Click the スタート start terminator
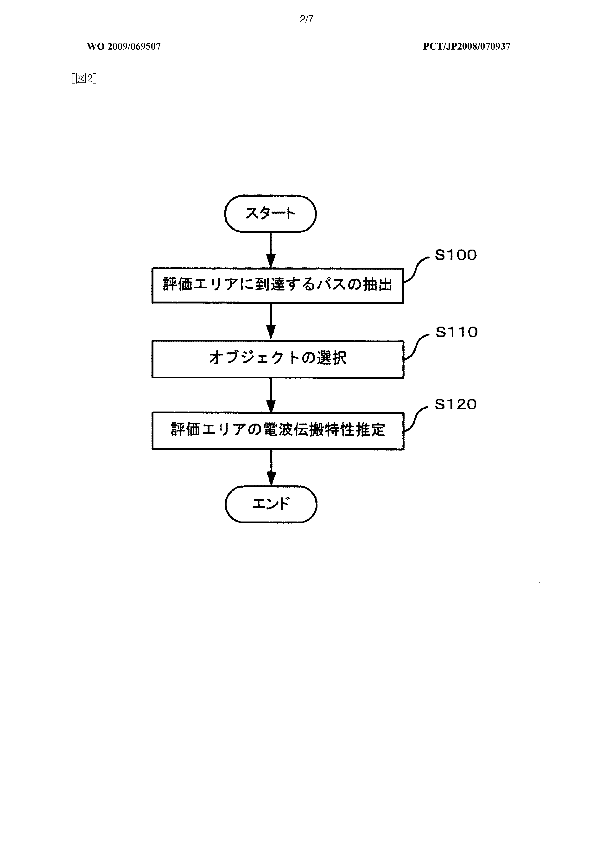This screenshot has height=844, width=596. (270, 213)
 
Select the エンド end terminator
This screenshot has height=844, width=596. (271, 504)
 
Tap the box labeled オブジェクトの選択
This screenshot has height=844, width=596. (278, 359)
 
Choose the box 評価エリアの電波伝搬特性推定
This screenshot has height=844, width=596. (278, 431)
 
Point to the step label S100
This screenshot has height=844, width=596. (456, 255)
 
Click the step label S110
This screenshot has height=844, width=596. (456, 332)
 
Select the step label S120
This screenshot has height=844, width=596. (456, 404)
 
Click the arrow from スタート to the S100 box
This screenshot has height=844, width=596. (271, 250)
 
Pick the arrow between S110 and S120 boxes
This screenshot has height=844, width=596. (271, 395)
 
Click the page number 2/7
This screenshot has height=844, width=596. (306, 19)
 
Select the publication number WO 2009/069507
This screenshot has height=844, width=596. (124, 46)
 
